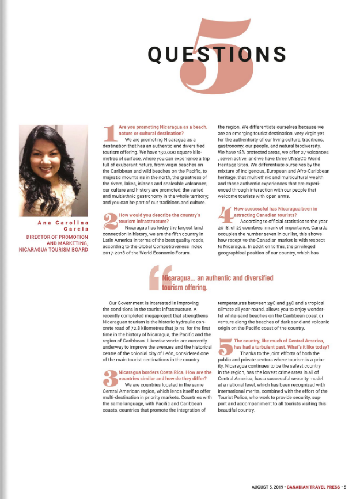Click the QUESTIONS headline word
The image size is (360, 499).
pyautogui.click(x=217, y=54)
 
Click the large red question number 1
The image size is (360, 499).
pyautogui.click(x=109, y=133)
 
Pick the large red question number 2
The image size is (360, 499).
pyautogui.click(x=109, y=222)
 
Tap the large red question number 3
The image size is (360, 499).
pyautogui.click(x=109, y=379)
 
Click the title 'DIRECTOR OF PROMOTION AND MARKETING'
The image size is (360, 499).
pyautogui.click(x=58, y=240)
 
